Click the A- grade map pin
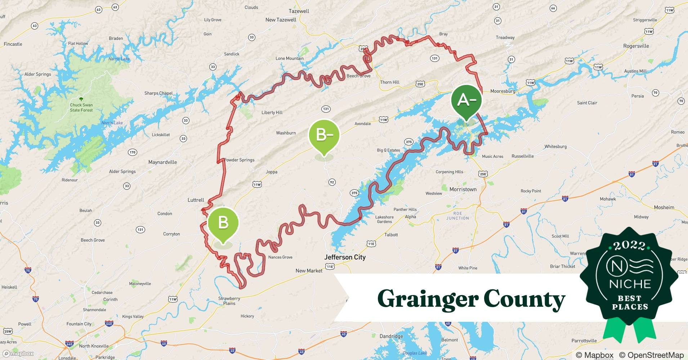pyautogui.click(x=466, y=101)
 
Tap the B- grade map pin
pyautogui.click(x=324, y=135)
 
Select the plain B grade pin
pyautogui.click(x=223, y=223)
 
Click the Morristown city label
pyautogui.click(x=463, y=189)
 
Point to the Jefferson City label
pyautogui.click(x=345, y=257)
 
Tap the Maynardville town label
pyautogui.click(x=162, y=162)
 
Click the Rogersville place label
pyautogui.click(x=636, y=46)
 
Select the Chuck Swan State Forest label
pyautogui.click(x=81, y=108)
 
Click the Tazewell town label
pyautogui.click(x=299, y=11)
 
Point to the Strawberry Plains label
pyautogui.click(x=229, y=301)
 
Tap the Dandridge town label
pyautogui.click(x=391, y=336)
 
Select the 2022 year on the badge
pyautogui.click(x=629, y=246)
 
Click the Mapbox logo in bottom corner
pyautogui.click(x=18, y=354)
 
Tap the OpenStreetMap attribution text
pyautogui.click(x=651, y=355)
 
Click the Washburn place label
pyautogui.click(x=286, y=133)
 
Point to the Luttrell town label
pyautogui.click(x=196, y=200)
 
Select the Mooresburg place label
pyautogui.click(x=503, y=91)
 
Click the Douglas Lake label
pyautogui.click(x=415, y=353)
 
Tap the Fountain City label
pyautogui.click(x=79, y=324)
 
